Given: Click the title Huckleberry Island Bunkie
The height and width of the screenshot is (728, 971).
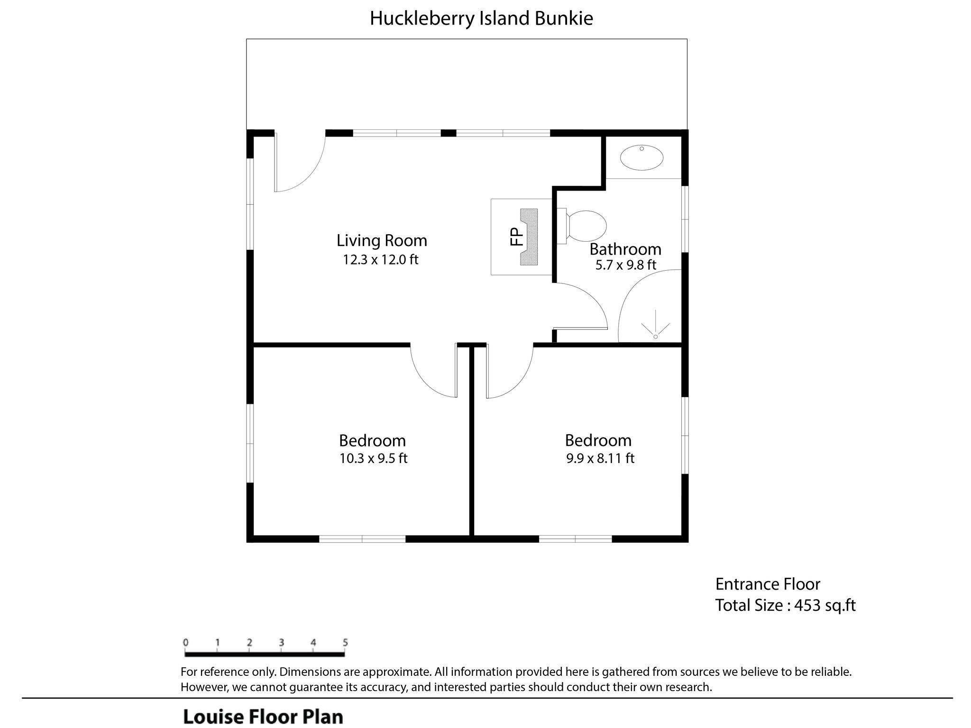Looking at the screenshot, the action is (481, 18).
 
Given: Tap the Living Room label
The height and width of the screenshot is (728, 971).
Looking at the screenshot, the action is (382, 240).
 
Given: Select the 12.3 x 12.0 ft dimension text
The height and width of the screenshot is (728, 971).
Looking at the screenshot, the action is (381, 260).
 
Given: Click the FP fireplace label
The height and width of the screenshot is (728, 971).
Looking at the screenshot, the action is (516, 237).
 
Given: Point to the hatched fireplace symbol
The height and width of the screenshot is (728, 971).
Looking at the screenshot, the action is (530, 237).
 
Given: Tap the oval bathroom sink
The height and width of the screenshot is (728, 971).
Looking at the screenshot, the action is (641, 158).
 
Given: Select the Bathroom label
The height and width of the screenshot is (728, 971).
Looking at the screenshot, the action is (625, 249).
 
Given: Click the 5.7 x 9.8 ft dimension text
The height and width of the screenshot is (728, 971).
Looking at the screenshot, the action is (625, 264).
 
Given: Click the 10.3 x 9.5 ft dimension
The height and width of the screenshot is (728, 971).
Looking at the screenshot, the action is (373, 458).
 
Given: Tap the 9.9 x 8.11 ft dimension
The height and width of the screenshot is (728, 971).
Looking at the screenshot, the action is (600, 458).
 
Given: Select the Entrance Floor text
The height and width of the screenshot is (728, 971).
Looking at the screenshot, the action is (768, 584).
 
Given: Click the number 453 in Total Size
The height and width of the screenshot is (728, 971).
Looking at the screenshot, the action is (807, 605).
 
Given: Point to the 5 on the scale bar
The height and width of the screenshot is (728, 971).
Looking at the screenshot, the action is (345, 643).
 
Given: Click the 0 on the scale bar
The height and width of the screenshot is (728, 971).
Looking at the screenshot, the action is (185, 643).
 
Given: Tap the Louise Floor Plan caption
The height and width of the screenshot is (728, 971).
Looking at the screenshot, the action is (263, 716).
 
